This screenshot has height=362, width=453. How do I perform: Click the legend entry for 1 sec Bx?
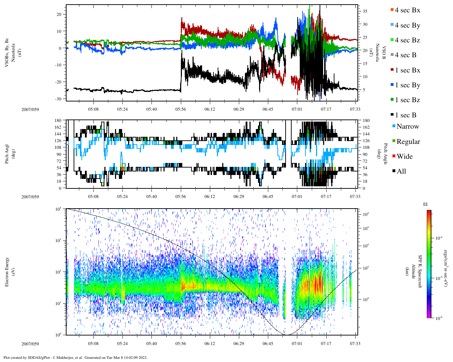click(x=407, y=70)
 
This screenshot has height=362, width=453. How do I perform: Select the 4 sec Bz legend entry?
click(x=407, y=40)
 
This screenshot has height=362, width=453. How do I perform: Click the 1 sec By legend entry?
click(x=407, y=85)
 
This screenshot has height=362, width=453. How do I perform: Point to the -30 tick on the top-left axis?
click(x=58, y=99)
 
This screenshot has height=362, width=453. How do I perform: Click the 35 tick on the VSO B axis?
click(x=365, y=11)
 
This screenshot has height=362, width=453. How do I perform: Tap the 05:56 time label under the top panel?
click(x=180, y=109)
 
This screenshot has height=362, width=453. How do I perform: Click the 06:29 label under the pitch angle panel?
click(x=239, y=197)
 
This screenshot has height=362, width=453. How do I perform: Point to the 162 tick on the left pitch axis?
click(x=58, y=127)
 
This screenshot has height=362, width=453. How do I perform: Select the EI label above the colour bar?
click(x=425, y=204)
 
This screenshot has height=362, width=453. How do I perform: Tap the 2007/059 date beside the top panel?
click(x=30, y=109)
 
